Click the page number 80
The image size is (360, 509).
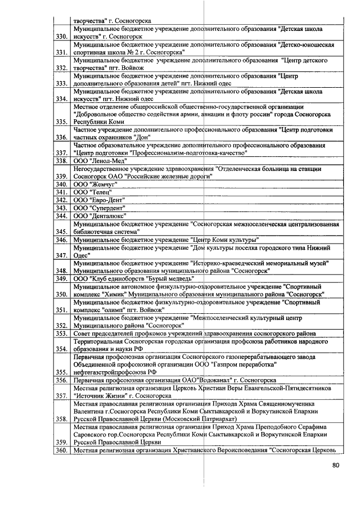tap(336, 465)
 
